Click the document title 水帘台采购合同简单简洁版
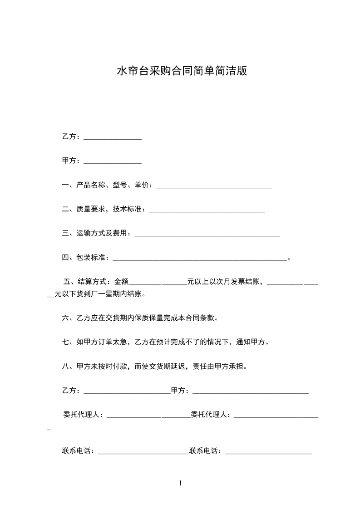tap(182, 71)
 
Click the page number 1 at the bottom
tap(180, 483)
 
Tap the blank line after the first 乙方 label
tap(113, 137)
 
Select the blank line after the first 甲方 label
tap(113, 161)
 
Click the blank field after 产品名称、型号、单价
tap(214, 185)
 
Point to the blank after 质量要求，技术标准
tap(207, 210)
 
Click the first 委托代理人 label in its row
tap(83, 414)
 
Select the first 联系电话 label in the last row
tap(78, 451)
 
